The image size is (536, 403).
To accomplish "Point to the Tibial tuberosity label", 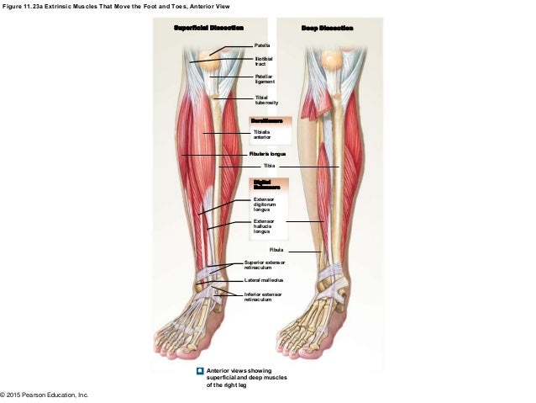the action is click(265, 101).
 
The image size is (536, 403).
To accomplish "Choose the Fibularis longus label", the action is click(268, 155).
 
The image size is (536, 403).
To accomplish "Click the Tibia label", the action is click(269, 167).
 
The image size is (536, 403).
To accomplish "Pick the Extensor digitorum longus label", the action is click(265, 204).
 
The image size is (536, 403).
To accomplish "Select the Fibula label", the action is click(276, 251).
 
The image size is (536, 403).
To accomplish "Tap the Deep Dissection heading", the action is click(327, 28).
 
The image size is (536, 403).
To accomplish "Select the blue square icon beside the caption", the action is click(199, 370).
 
